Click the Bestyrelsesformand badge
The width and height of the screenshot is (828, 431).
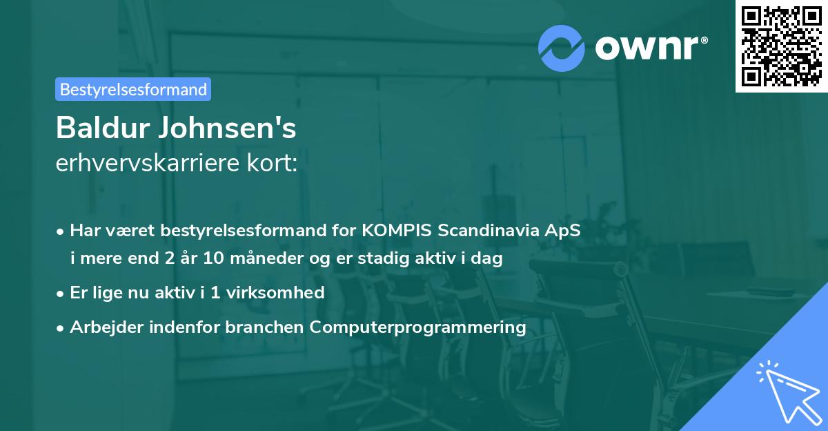click(x=133, y=89)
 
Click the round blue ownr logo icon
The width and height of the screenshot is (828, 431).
click(x=562, y=48)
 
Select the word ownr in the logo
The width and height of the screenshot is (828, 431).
click(x=650, y=48)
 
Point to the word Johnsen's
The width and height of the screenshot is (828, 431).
click(x=233, y=128)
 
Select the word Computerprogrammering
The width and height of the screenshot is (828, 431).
click(x=418, y=327)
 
